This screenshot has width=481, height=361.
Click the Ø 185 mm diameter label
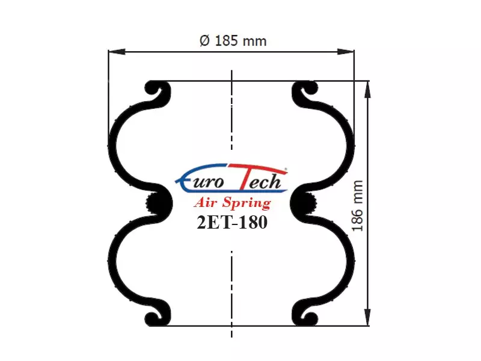pyautogui.click(x=233, y=41)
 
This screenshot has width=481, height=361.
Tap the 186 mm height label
pyautogui.click(x=357, y=206)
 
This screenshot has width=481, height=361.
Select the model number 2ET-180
pyautogui.click(x=232, y=222)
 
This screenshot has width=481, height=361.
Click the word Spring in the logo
pyautogui.click(x=247, y=203)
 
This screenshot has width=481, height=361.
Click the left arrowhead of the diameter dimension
pyautogui.click(x=117, y=52)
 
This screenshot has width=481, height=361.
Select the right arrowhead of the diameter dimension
pyautogui.click(x=346, y=52)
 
